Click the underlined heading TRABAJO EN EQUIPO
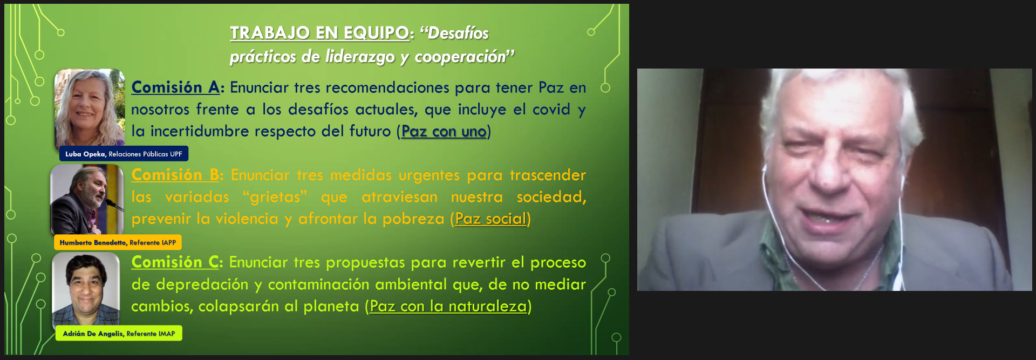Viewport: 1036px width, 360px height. pyautogui.click(x=319, y=33)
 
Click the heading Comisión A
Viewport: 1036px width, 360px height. pyautogui.click(x=175, y=87)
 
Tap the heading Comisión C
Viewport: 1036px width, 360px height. pyautogui.click(x=175, y=262)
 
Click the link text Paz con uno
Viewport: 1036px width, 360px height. pyautogui.click(x=444, y=131)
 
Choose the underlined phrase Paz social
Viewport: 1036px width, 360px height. pyautogui.click(x=490, y=219)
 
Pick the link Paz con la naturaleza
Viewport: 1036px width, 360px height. pyautogui.click(x=448, y=307)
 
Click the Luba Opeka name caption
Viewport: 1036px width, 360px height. pyautogui.click(x=124, y=154)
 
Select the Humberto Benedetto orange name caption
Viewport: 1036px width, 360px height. pyautogui.click(x=118, y=242)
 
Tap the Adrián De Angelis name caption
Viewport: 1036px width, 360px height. pyautogui.click(x=119, y=334)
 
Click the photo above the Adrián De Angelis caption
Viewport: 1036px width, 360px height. pyautogui.click(x=86, y=289)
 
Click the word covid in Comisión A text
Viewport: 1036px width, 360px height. pyautogui.click(x=551, y=110)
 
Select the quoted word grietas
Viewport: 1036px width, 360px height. pyautogui.click(x=275, y=197)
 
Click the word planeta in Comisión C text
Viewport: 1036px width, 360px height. pyautogui.click(x=331, y=307)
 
